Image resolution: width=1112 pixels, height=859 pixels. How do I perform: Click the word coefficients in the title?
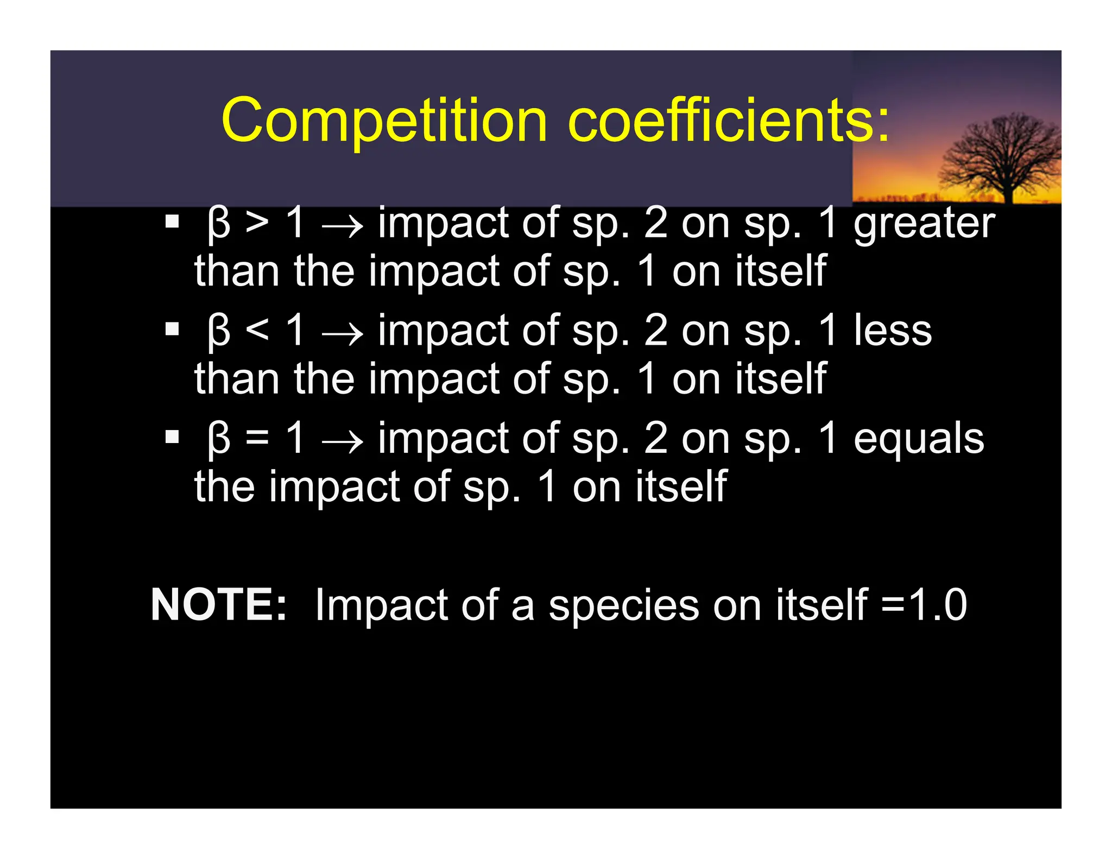728,121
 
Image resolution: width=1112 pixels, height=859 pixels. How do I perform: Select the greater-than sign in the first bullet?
257,223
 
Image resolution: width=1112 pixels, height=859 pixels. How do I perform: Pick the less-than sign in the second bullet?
257,330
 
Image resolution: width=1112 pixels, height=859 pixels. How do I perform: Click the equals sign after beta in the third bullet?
257,438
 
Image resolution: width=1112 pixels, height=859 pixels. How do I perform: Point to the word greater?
924,224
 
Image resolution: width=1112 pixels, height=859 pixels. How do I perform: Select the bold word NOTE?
218,604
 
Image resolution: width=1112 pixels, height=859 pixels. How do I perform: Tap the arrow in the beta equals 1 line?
342,440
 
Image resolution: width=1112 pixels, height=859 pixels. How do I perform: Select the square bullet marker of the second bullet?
172,329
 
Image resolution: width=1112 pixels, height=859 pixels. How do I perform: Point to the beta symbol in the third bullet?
219,439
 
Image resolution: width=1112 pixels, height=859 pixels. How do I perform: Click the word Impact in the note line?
381,605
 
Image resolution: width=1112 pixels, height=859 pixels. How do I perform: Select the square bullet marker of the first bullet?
172,222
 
